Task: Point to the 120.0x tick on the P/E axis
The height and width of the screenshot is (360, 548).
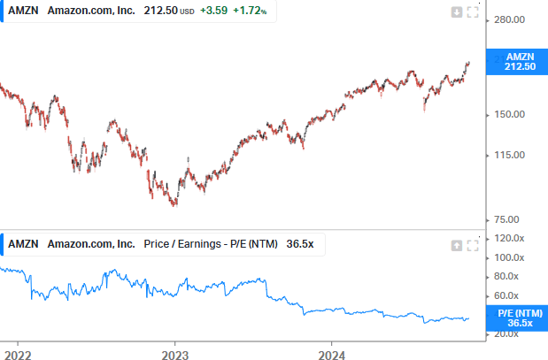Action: (x=511, y=239)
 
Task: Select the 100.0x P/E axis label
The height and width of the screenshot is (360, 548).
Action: (x=511, y=258)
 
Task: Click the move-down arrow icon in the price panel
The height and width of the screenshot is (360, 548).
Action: (x=457, y=11)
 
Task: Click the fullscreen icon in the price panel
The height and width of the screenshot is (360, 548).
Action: (x=473, y=11)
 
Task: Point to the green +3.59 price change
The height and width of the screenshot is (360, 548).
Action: (x=212, y=11)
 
